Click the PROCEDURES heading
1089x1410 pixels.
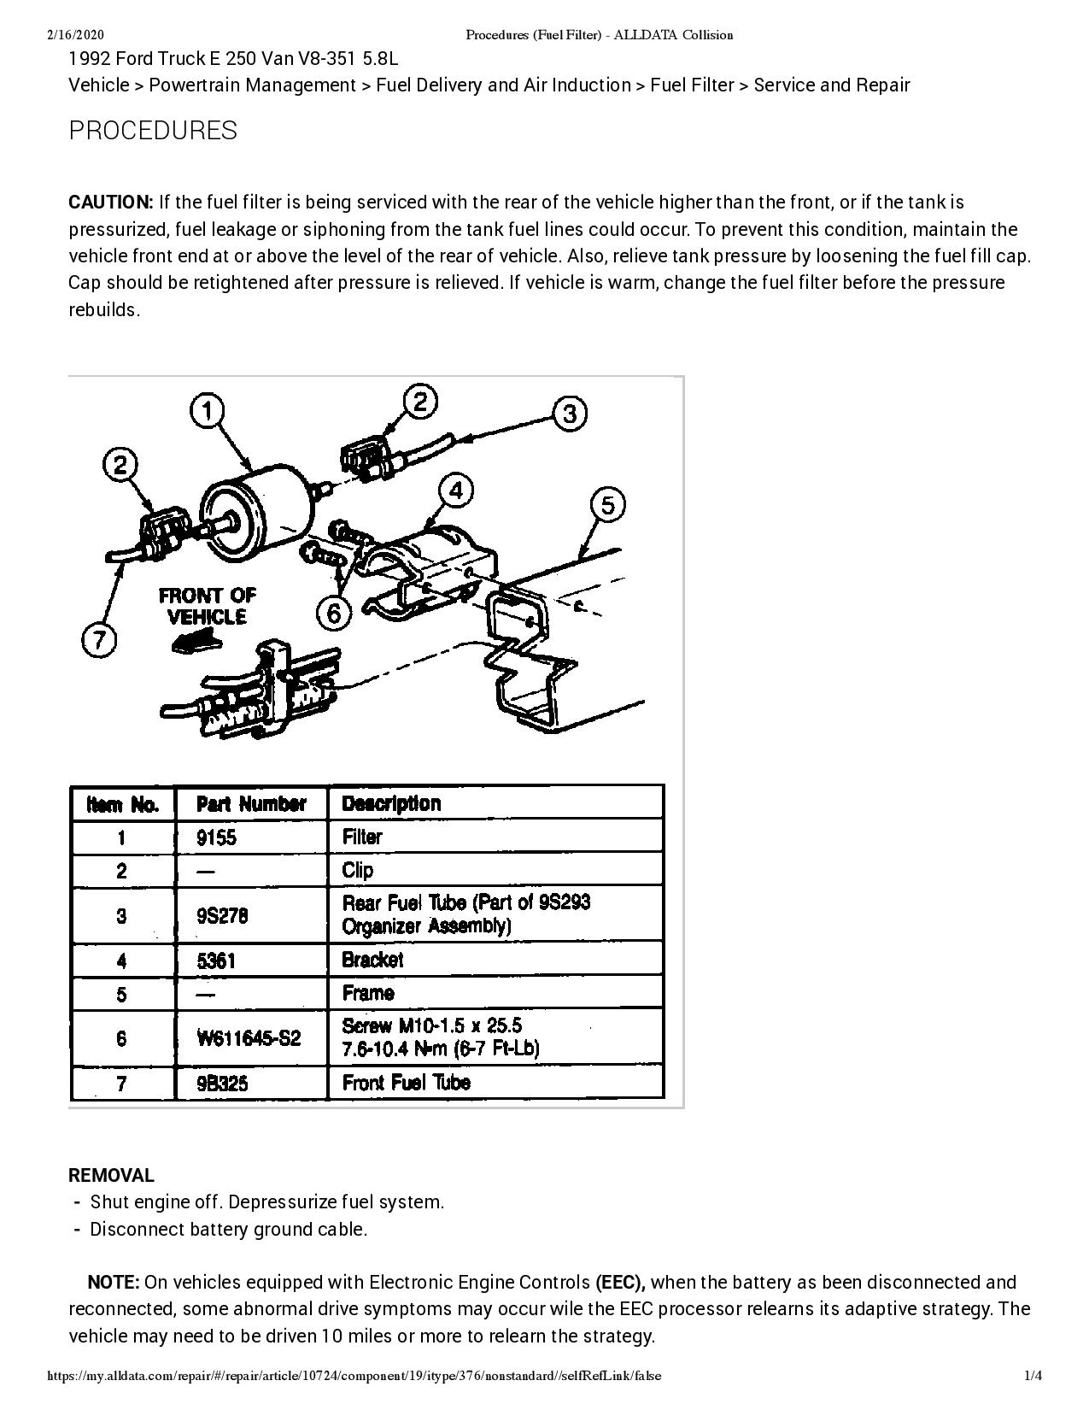click(x=153, y=131)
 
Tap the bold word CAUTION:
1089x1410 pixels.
click(x=110, y=203)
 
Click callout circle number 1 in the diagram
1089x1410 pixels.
click(x=208, y=411)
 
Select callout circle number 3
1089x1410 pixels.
click(x=570, y=414)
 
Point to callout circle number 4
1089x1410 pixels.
click(x=456, y=491)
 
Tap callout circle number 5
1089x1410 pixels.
click(x=607, y=505)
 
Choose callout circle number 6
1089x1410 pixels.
click(x=334, y=613)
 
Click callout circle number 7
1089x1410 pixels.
click(x=99, y=640)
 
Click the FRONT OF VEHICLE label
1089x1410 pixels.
click(x=207, y=606)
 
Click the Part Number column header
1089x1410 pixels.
click(x=251, y=804)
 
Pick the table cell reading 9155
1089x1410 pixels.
click(x=216, y=837)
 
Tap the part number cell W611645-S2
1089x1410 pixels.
click(x=249, y=1038)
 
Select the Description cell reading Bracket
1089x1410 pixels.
click(x=372, y=960)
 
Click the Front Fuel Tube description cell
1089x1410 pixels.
click(x=407, y=1083)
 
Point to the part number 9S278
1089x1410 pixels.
click(x=222, y=915)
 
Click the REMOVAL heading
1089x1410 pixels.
click(x=111, y=1176)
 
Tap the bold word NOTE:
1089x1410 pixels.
click(x=114, y=1282)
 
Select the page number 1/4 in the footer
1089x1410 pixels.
click(x=1033, y=1376)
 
